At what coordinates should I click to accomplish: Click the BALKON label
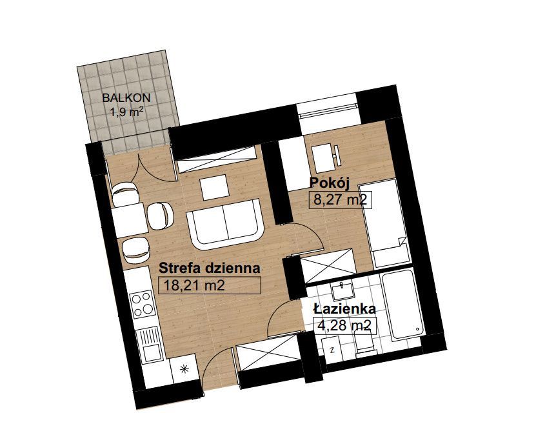click(126, 98)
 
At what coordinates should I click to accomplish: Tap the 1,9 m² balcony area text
click(126, 112)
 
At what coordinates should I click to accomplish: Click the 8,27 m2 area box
click(340, 199)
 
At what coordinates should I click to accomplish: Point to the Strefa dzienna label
click(210, 268)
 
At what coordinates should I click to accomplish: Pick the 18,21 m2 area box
click(210, 285)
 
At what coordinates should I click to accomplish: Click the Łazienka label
click(344, 309)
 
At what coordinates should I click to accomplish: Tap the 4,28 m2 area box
click(344, 325)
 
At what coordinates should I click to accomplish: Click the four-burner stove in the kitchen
click(143, 304)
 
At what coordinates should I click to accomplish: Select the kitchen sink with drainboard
click(149, 345)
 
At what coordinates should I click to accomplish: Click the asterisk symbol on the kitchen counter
click(184, 368)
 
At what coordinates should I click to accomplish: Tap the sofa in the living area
click(225, 224)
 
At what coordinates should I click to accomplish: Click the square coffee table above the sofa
click(215, 187)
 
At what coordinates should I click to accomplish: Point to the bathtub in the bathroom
click(402, 303)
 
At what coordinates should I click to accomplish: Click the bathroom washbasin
click(343, 292)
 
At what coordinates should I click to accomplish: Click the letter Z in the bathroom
click(332, 350)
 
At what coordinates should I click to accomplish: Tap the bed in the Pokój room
click(384, 223)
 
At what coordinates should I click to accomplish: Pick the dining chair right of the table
click(161, 216)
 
